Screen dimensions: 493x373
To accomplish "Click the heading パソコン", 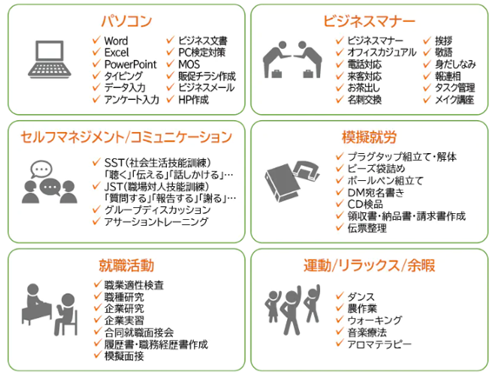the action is coord(126,22).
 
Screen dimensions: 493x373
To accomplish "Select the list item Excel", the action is coord(117,52).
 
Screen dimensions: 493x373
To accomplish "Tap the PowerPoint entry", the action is coord(130,64).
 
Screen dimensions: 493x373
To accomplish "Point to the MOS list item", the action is coord(189,64).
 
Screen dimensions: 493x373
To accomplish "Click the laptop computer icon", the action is coord(50,59).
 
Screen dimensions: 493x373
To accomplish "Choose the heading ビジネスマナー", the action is coord(370,22).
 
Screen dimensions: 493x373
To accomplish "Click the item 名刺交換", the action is coord(364,100).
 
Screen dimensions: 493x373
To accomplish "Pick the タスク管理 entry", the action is coord(455,88).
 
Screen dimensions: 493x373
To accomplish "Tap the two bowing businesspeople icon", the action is coord(292,59).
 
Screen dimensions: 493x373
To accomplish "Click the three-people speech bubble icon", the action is coord(50,182).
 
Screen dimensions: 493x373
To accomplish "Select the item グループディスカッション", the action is coord(157,210).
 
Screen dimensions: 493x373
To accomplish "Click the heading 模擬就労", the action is coord(370,137).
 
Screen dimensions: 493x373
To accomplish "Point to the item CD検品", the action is coord(364,204).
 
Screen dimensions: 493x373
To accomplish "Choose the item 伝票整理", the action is coord(367,228).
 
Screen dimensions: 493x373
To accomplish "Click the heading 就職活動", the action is coord(126,265).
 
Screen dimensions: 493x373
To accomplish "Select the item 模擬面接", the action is coord(124,356).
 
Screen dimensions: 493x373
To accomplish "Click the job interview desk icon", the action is coord(50,310).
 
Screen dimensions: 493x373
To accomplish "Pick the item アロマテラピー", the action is coord(379,344).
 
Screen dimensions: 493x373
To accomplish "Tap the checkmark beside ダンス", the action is coord(340,296).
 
